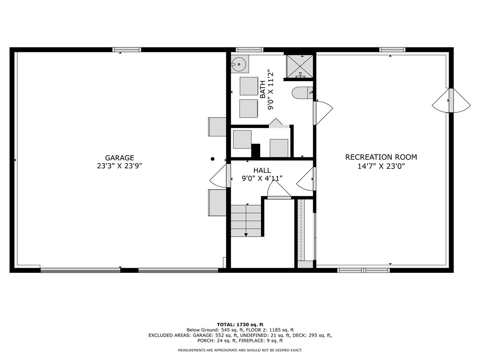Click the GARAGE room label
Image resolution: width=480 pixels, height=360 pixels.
point(120,158)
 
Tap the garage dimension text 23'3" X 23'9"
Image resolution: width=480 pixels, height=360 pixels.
point(120,165)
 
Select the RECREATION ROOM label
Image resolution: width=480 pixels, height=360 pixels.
point(381,157)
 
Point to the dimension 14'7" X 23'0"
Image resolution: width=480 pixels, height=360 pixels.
point(381,165)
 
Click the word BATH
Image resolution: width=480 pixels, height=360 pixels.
point(262,88)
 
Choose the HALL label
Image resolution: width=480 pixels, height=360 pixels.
point(262,170)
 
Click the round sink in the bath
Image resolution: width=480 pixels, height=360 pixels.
point(240,63)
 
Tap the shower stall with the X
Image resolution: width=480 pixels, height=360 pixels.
point(300,66)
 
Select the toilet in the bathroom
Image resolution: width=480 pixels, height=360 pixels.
point(302,93)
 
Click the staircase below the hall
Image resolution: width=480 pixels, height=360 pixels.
point(246,220)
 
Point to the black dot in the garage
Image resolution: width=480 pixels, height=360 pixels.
point(212,159)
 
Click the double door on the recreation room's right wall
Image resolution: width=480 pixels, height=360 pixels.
point(451,100)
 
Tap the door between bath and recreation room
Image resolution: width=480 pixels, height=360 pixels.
point(322,112)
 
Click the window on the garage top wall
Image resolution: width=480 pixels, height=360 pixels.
point(127,49)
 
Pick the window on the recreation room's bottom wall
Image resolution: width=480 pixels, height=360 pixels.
point(364,270)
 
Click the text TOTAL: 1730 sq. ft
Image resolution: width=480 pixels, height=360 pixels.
point(240,324)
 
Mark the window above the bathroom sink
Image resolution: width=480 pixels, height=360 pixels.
point(249,49)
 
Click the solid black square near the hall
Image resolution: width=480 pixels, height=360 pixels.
point(255,150)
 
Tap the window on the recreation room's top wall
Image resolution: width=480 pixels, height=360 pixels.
point(392,49)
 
